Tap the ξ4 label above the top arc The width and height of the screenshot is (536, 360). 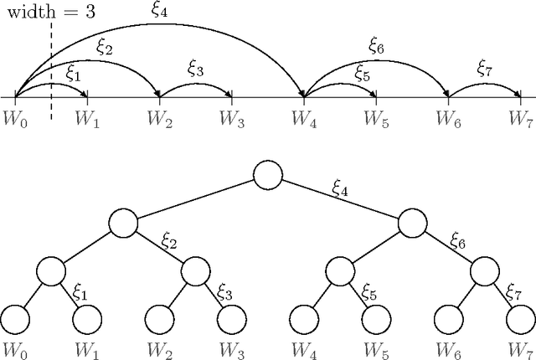pyautogui.click(x=158, y=11)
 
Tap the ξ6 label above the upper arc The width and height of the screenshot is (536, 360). pyautogui.click(x=375, y=47)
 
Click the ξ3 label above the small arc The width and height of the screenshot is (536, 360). pyautogui.click(x=195, y=70)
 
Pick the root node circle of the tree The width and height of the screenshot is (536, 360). pyautogui.click(x=267, y=176)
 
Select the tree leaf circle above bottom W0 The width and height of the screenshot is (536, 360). pyautogui.click(x=15, y=319)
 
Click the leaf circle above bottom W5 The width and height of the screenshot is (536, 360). pyautogui.click(x=375, y=319)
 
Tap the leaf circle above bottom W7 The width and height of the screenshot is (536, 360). pyautogui.click(x=520, y=319)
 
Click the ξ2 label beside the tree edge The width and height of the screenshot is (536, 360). pyautogui.click(x=169, y=243)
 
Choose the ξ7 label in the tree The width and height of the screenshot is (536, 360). pyautogui.click(x=514, y=292)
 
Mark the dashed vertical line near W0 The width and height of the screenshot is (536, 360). pyautogui.click(x=51, y=75)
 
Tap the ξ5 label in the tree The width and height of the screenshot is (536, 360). pyautogui.click(x=369, y=292)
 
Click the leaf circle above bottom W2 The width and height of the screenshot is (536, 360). pyautogui.click(x=159, y=319)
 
